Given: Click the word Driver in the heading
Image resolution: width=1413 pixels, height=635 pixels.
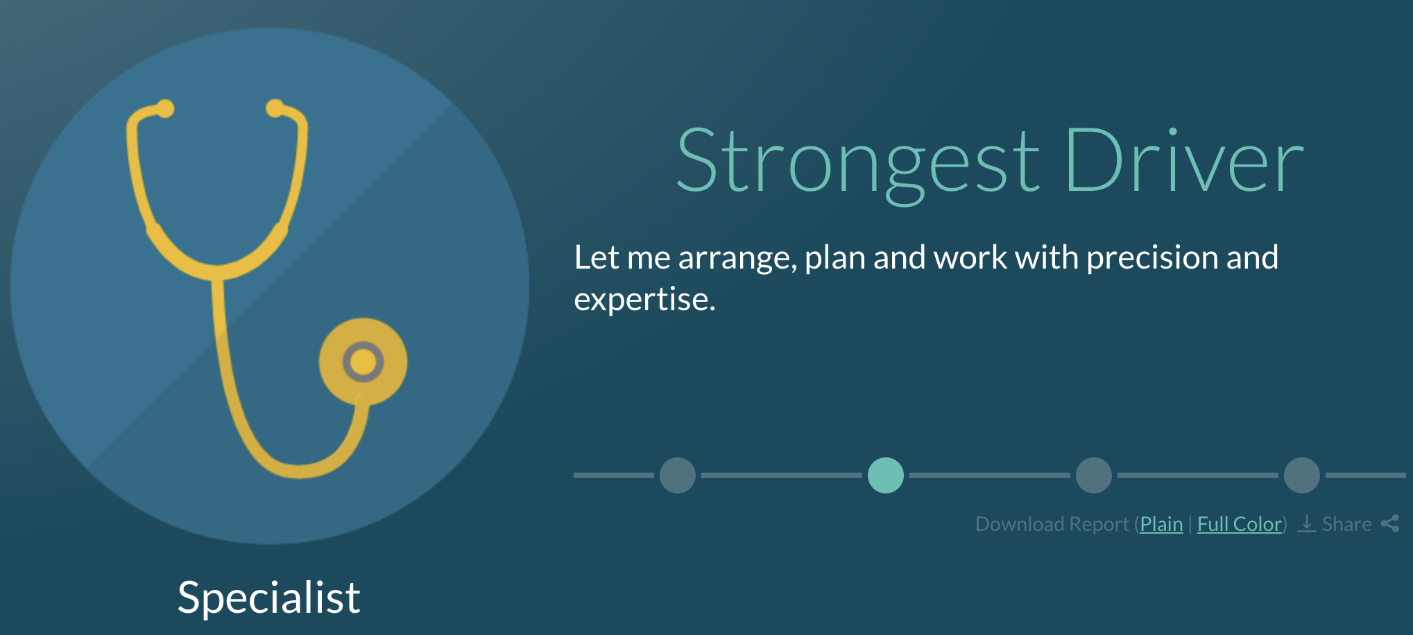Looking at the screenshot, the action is pos(1185,160).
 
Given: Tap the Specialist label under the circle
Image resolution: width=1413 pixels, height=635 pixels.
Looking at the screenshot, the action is pos(269,598).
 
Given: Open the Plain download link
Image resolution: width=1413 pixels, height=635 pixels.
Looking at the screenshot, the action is pos(1161,524).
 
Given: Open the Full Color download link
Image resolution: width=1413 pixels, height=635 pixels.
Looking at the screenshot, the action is pos(1240,524).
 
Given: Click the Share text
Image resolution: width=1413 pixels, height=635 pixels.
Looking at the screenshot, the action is pos(1346,524).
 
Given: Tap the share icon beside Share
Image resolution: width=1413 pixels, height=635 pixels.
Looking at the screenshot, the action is pos(1390,523).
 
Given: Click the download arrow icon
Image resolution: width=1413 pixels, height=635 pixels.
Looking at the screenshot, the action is pos(1306,523).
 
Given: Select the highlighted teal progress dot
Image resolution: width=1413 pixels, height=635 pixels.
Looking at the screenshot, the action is pos(886,475).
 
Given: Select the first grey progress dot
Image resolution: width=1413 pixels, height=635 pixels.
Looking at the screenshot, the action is pos(678,475).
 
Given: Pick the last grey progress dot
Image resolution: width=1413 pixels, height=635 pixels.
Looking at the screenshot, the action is pos(1302,475).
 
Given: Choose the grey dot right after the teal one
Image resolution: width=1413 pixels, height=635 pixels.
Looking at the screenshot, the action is pos(1094,475).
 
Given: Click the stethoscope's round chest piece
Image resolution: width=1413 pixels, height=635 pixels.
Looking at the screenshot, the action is pos(363,362).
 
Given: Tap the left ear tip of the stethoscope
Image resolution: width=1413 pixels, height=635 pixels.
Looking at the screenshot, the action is pos(165,109).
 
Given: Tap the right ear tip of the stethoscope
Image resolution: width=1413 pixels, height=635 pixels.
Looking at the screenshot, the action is pos(275,109).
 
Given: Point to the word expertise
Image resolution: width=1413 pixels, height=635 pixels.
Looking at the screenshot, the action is pos(644,300).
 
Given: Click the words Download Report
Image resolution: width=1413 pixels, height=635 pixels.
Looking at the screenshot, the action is pos(1052,524).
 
